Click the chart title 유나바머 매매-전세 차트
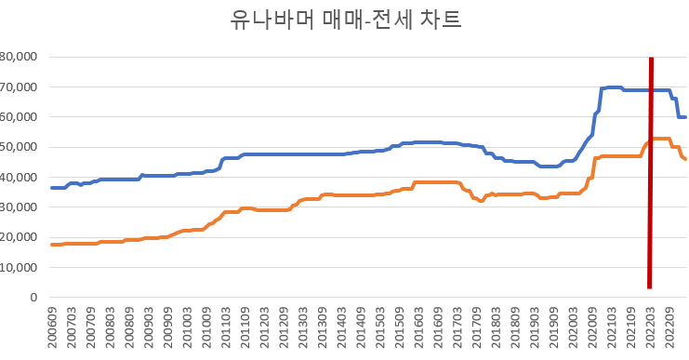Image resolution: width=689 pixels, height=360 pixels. tap(344, 20)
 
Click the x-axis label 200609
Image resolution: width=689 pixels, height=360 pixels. tap(53, 330)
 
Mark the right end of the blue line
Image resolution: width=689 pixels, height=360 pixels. tap(685, 117)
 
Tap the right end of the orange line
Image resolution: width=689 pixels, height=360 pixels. tap(685, 159)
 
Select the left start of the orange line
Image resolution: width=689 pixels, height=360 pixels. tap(51, 245)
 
